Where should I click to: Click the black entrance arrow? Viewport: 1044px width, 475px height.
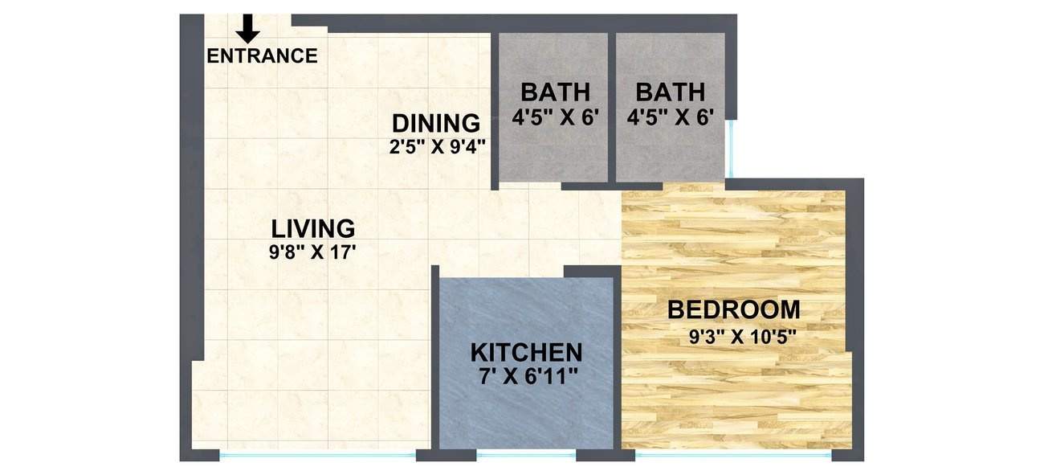pyautogui.click(x=248, y=28)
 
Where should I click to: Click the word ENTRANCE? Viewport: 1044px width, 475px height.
pyautogui.click(x=262, y=56)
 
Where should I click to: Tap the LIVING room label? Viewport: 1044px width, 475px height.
pyautogui.click(x=312, y=228)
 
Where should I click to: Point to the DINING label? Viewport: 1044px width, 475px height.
pyautogui.click(x=436, y=124)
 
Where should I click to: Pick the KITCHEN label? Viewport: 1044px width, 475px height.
pyautogui.click(x=526, y=352)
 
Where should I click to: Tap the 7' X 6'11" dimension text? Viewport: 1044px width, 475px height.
pyautogui.click(x=526, y=376)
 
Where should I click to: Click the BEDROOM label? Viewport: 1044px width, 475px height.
pyautogui.click(x=734, y=309)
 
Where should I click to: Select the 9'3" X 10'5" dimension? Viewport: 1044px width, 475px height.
pyautogui.click(x=743, y=337)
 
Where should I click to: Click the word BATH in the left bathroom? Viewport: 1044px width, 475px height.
pyautogui.click(x=555, y=92)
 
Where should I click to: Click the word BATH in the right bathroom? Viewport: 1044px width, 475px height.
pyautogui.click(x=670, y=92)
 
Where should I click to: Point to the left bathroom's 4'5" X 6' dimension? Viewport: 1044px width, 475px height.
pyautogui.click(x=556, y=117)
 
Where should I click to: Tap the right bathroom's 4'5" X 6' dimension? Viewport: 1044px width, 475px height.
pyautogui.click(x=671, y=117)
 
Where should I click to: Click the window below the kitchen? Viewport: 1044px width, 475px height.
pyautogui.click(x=526, y=455)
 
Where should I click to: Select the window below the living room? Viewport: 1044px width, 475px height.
pyautogui.click(x=317, y=455)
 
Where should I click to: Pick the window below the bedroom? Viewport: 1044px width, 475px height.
pyautogui.click(x=732, y=455)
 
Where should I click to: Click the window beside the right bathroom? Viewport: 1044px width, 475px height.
pyautogui.click(x=732, y=148)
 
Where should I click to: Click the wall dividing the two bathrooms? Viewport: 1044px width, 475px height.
pyautogui.click(x=612, y=104)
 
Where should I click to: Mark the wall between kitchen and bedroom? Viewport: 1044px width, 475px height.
pyautogui.click(x=618, y=362)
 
